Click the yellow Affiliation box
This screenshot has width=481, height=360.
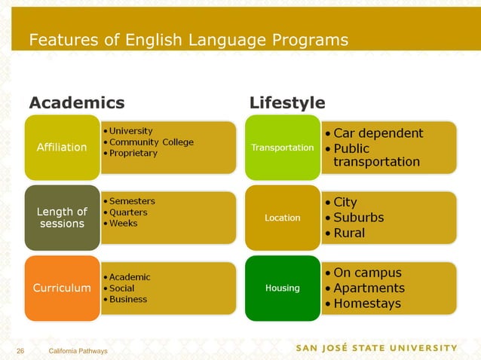tap(62, 148)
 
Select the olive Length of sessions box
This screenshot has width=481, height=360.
tap(62, 218)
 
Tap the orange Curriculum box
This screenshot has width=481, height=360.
tap(62, 288)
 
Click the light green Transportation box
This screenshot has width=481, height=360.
tap(282, 148)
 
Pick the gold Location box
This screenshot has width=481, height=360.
tap(282, 218)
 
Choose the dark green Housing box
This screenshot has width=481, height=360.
tap(282, 288)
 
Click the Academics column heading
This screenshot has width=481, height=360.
tap(76, 102)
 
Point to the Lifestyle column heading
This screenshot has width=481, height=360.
tap(287, 102)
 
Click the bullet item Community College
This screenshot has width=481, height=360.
tap(152, 142)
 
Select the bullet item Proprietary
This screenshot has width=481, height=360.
tap(133, 154)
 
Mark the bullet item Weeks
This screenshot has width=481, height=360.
tap(124, 224)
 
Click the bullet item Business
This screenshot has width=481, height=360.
tap(128, 299)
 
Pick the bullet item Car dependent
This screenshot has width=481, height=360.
tap(378, 133)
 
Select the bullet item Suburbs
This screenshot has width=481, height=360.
tap(358, 218)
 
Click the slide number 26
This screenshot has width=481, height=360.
tap(21, 352)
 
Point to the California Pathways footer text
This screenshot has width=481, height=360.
tap(78, 352)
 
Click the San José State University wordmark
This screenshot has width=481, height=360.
tap(375, 348)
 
